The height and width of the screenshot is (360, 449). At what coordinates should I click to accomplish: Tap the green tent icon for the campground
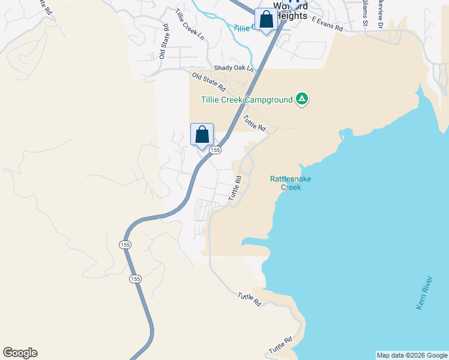(x=302, y=100)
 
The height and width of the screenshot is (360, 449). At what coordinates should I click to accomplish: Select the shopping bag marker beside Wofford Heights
(x=266, y=20)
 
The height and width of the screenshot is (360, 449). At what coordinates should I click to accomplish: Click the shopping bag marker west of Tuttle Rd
(x=202, y=134)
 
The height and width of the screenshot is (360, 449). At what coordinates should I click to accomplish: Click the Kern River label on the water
(x=424, y=293)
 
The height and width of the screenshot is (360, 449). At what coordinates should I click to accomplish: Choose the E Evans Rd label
(x=327, y=28)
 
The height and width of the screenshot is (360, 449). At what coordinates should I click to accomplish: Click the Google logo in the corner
(x=20, y=353)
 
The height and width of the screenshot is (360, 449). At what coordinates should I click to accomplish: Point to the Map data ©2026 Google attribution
(x=412, y=355)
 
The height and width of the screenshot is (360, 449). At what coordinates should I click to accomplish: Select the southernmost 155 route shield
(x=136, y=279)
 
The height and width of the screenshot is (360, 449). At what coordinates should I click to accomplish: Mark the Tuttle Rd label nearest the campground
(x=255, y=123)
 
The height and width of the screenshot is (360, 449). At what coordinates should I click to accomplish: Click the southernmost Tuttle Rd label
(x=280, y=344)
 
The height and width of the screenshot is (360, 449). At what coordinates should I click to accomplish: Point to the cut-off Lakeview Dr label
(x=380, y=12)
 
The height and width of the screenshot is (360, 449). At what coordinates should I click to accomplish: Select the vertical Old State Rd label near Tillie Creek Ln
(x=164, y=42)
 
